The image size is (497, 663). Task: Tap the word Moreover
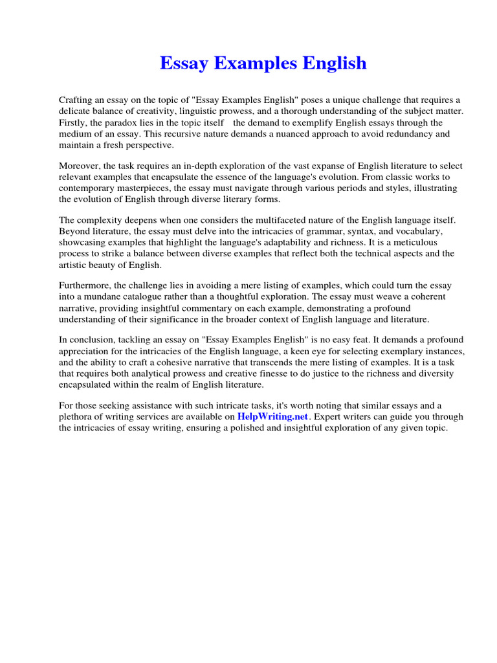coord(80,166)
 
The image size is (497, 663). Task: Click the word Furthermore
coord(86,286)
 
